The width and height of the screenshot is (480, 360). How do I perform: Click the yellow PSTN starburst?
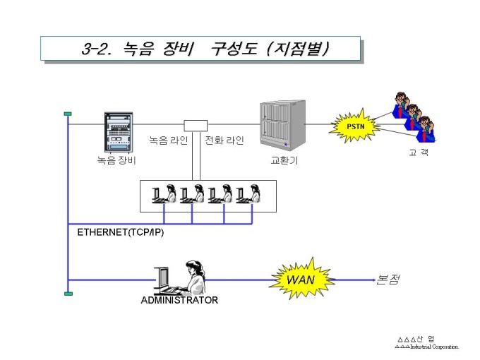pyautogui.click(x=354, y=126)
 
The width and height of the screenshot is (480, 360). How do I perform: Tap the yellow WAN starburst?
pyautogui.click(x=301, y=279)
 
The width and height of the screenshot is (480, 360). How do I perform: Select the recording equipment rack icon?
pyautogui.click(x=119, y=132)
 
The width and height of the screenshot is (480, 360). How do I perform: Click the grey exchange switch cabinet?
pyautogui.click(x=282, y=125)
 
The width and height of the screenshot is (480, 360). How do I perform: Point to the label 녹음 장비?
pyautogui.click(x=116, y=160)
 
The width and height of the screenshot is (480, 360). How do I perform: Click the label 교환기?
pyautogui.click(x=284, y=160)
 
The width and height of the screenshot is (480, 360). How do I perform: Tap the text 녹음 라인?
pyautogui.click(x=169, y=140)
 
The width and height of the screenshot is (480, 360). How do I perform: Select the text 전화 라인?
pyautogui.click(x=224, y=140)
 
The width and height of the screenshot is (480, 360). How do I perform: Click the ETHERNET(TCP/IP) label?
pyautogui.click(x=120, y=232)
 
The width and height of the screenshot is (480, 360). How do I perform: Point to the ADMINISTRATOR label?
pyautogui.click(x=179, y=300)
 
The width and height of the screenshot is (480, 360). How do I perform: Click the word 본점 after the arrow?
pyautogui.click(x=388, y=280)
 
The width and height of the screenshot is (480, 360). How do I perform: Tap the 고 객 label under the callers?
pyautogui.click(x=419, y=152)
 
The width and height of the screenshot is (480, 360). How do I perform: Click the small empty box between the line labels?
pyautogui.click(x=196, y=126)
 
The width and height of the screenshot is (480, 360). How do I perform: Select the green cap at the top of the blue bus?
pyautogui.click(x=68, y=114)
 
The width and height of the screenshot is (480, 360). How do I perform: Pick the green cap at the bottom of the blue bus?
pyautogui.click(x=68, y=294)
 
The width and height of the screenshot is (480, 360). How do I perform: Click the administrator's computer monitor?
pyautogui.click(x=162, y=277)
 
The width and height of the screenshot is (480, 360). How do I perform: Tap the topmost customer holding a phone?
pyautogui.click(x=400, y=104)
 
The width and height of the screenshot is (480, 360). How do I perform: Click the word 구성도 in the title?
pyautogui.click(x=234, y=49)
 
